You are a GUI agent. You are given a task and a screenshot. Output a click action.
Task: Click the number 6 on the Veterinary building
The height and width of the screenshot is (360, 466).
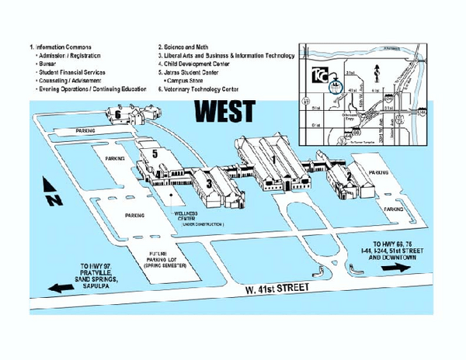pyautogui.click(x=118, y=114)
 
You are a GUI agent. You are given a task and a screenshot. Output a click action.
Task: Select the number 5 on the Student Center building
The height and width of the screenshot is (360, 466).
pyautogui.click(x=155, y=154)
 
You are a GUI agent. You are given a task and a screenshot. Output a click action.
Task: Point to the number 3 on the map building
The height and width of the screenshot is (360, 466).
pyautogui.click(x=208, y=183)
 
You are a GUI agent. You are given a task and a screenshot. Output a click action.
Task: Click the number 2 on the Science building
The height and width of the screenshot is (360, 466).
pyautogui.click(x=349, y=176)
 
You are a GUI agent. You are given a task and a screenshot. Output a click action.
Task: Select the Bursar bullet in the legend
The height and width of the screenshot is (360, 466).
pyautogui.click(x=49, y=64)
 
